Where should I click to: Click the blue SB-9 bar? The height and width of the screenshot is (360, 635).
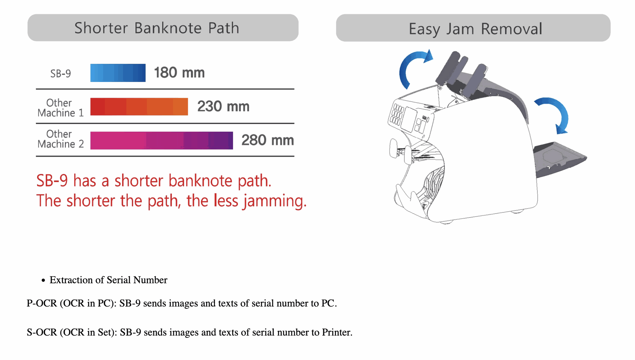pyautogui.click(x=118, y=73)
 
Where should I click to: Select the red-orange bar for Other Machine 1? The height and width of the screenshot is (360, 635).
pyautogui.click(x=139, y=106)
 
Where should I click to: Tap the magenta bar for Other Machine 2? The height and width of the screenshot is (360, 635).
pyautogui.click(x=161, y=140)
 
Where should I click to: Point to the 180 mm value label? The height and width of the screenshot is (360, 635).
pyautogui.click(x=179, y=73)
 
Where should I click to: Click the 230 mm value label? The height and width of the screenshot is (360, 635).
pyautogui.click(x=223, y=106)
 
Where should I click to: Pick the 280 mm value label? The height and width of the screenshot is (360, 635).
pyautogui.click(x=268, y=140)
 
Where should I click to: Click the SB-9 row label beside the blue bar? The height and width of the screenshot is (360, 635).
pyautogui.click(x=61, y=73)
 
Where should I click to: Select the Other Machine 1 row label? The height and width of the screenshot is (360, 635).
pyautogui.click(x=61, y=108)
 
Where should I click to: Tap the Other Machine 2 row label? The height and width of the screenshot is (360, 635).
pyautogui.click(x=61, y=139)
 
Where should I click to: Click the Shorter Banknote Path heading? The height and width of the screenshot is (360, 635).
pyautogui.click(x=157, y=28)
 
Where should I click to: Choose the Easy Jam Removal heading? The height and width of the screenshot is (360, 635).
pyautogui.click(x=476, y=29)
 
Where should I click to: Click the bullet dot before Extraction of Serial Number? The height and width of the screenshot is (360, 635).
pyautogui.click(x=43, y=281)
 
